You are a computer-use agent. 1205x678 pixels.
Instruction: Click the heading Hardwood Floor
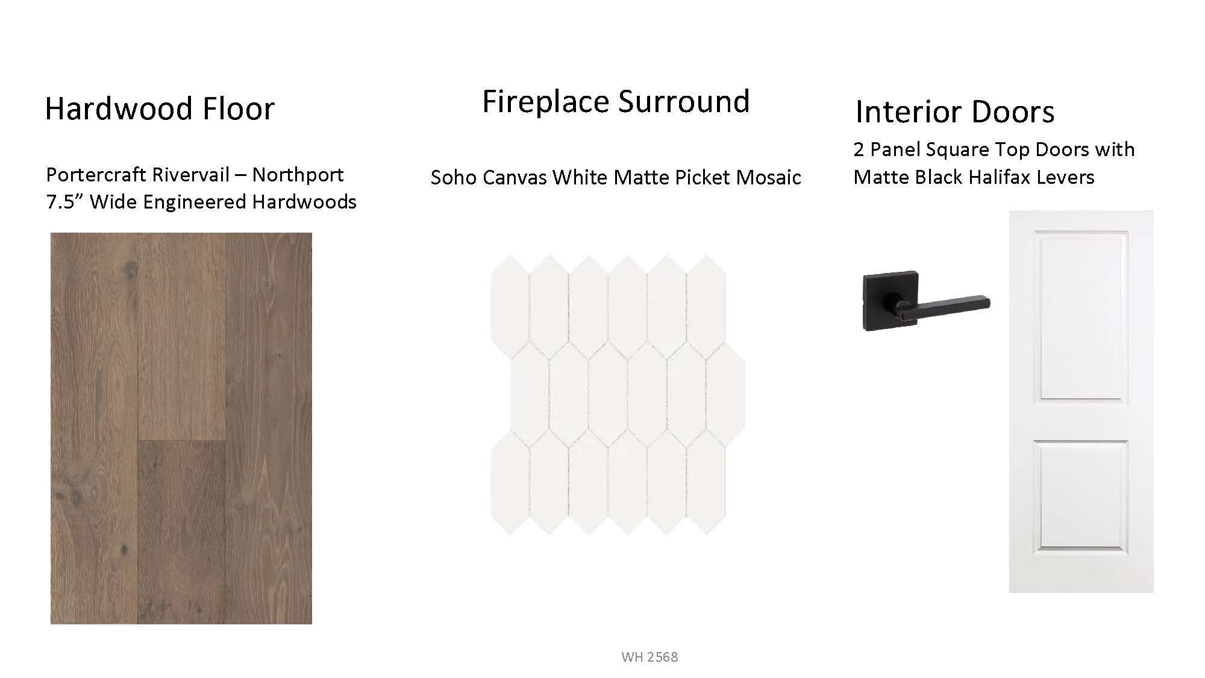click(160, 108)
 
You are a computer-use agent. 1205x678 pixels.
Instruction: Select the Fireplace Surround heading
click(616, 101)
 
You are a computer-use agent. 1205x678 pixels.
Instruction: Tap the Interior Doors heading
click(955, 111)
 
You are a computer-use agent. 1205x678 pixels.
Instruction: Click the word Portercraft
click(96, 175)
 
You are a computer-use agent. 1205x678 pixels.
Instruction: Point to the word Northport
click(298, 175)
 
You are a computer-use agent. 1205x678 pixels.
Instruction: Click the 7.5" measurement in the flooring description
click(64, 201)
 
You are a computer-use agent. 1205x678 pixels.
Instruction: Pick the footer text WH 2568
click(649, 657)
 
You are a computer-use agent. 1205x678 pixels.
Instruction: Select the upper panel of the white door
click(1081, 316)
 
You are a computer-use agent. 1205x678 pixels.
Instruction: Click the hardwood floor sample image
click(181, 428)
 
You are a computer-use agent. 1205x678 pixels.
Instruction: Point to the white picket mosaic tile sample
click(618, 395)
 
